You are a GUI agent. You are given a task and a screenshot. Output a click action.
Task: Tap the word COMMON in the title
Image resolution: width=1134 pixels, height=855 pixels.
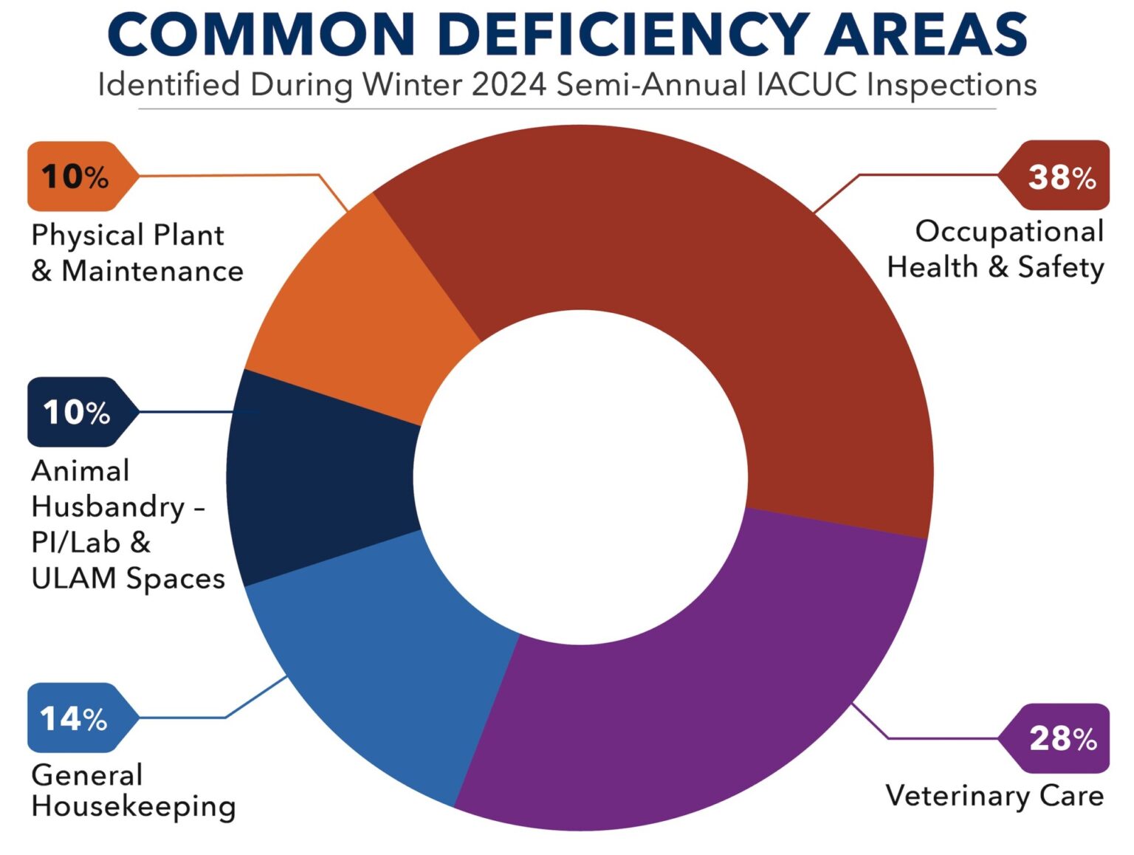[261, 35]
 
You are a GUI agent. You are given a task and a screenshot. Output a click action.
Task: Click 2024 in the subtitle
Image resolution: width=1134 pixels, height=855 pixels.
[509, 84]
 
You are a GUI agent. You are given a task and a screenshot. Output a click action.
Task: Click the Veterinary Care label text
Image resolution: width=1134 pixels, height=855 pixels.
[994, 795]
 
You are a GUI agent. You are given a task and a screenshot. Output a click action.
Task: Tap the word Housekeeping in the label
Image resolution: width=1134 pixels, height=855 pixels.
[134, 806]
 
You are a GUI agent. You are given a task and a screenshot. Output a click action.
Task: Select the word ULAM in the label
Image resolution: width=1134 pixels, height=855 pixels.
[74, 578]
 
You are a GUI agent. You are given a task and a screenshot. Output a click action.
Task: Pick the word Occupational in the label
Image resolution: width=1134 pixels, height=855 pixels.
[1008, 231]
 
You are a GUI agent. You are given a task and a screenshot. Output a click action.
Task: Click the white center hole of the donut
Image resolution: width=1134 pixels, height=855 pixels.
[580, 477]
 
